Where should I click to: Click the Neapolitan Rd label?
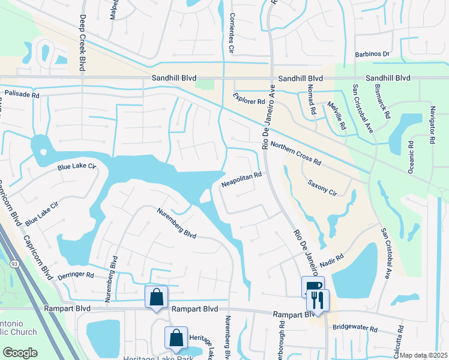(x=241, y=176)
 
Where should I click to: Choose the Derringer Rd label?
(x=74, y=275)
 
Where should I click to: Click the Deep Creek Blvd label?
(x=82, y=44)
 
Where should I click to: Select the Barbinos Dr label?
(x=372, y=54)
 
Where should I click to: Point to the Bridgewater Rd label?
(x=357, y=329)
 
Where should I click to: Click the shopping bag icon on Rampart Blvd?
(x=156, y=297)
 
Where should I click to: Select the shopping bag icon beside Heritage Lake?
(x=176, y=338)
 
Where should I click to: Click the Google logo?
(x=20, y=353)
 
